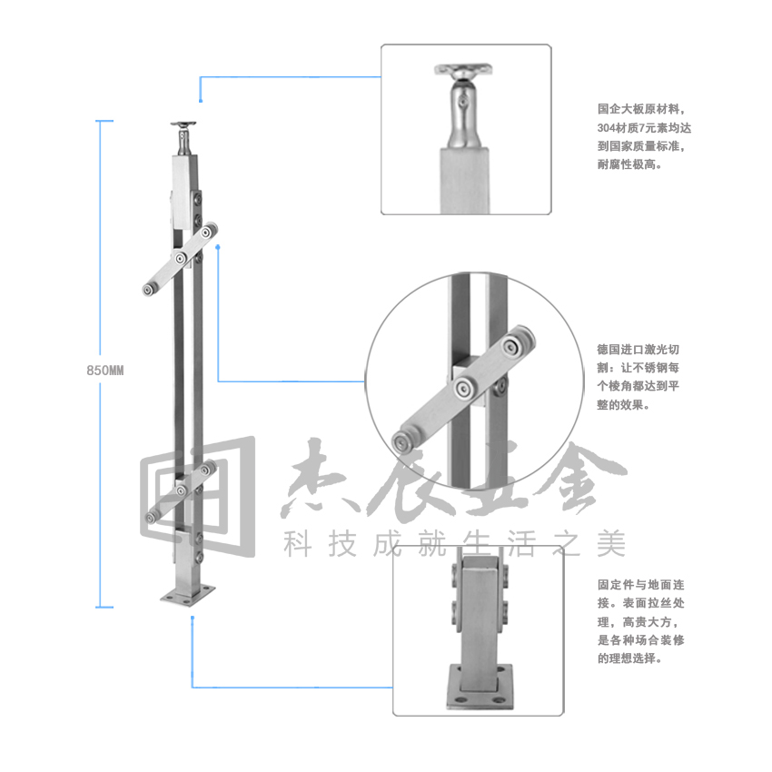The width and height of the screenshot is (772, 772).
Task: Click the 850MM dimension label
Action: coord(104,371)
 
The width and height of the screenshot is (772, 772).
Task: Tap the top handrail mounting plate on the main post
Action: coord(183,124)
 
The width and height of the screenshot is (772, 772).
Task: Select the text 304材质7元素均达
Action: coord(644,127)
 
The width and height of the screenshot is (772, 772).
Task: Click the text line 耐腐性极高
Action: coord(629,164)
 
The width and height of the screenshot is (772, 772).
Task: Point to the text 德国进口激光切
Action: coord(638,350)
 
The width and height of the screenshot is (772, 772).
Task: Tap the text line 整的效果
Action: coord(623,405)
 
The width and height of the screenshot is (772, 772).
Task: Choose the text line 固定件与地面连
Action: coord(641,584)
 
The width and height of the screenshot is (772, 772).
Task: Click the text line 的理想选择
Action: coord(629,658)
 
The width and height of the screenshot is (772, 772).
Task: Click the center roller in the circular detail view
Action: coord(463,389)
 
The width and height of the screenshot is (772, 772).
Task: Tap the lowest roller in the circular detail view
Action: coord(402,442)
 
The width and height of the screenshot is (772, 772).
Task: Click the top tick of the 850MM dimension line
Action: coord(104,121)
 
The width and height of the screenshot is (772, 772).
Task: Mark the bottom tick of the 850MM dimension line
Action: coord(104,607)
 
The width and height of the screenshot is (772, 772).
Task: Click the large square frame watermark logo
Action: coord(198,496)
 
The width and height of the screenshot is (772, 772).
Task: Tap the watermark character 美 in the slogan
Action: coord(611,544)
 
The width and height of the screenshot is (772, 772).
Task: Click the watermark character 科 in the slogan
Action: coord(298,544)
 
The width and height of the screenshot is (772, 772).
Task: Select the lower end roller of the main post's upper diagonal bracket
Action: coord(148,290)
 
